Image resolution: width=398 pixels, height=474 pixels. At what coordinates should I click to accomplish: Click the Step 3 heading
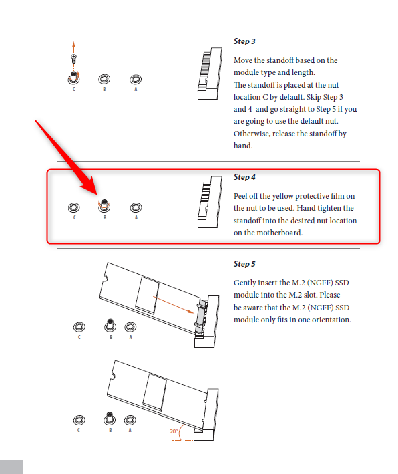(x=244, y=41)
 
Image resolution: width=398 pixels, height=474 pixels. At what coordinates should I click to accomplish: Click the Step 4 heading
(x=244, y=177)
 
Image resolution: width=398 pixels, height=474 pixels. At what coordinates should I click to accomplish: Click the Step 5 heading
(x=244, y=264)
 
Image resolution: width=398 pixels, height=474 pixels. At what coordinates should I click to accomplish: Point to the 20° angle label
(x=174, y=431)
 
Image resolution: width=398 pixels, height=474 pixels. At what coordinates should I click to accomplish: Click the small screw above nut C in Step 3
(x=73, y=58)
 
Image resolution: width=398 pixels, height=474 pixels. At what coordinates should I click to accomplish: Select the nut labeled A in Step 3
(x=136, y=79)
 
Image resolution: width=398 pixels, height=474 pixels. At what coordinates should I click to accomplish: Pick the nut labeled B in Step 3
(x=104, y=79)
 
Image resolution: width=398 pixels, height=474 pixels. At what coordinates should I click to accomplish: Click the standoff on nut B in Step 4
(x=104, y=205)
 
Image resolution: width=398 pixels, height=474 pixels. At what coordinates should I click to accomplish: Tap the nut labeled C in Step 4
(x=74, y=207)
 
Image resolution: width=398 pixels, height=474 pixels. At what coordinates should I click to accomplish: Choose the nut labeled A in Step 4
(x=136, y=207)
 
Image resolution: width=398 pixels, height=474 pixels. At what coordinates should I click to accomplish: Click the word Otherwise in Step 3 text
(x=252, y=134)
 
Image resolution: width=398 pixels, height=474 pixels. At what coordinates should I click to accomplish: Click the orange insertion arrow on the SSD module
(x=174, y=305)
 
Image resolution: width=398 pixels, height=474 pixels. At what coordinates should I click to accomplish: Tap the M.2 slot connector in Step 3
(x=210, y=74)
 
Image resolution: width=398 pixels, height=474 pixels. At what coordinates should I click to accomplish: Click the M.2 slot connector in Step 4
(x=210, y=202)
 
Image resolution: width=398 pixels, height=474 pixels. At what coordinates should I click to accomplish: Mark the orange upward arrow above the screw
(x=73, y=47)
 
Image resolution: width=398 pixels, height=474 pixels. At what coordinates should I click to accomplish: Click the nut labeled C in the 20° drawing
(x=79, y=420)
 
